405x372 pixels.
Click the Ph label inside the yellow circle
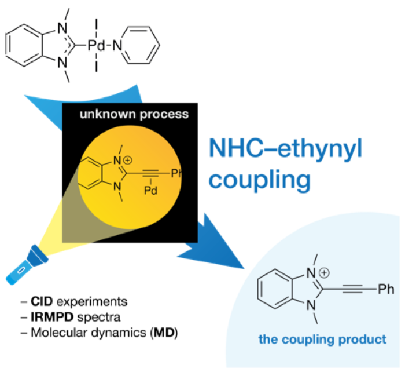(177, 169)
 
